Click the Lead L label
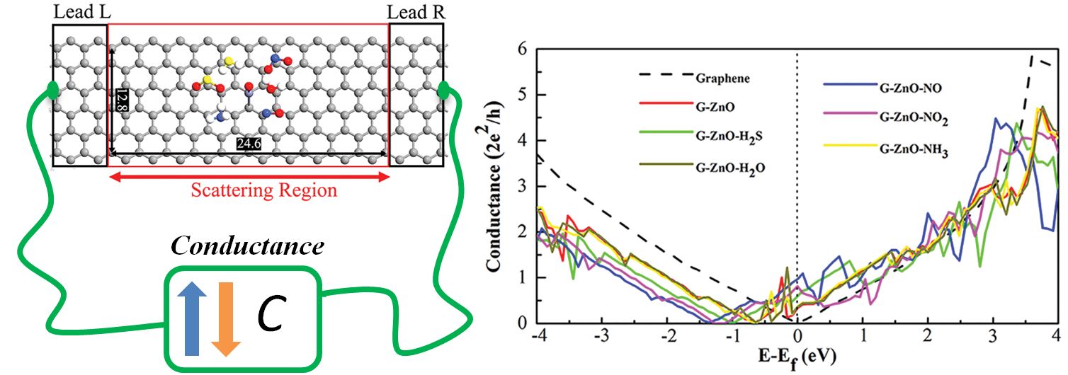(82, 12)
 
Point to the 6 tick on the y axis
(523, 49)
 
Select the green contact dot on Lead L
(52, 90)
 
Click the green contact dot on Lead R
(444, 90)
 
